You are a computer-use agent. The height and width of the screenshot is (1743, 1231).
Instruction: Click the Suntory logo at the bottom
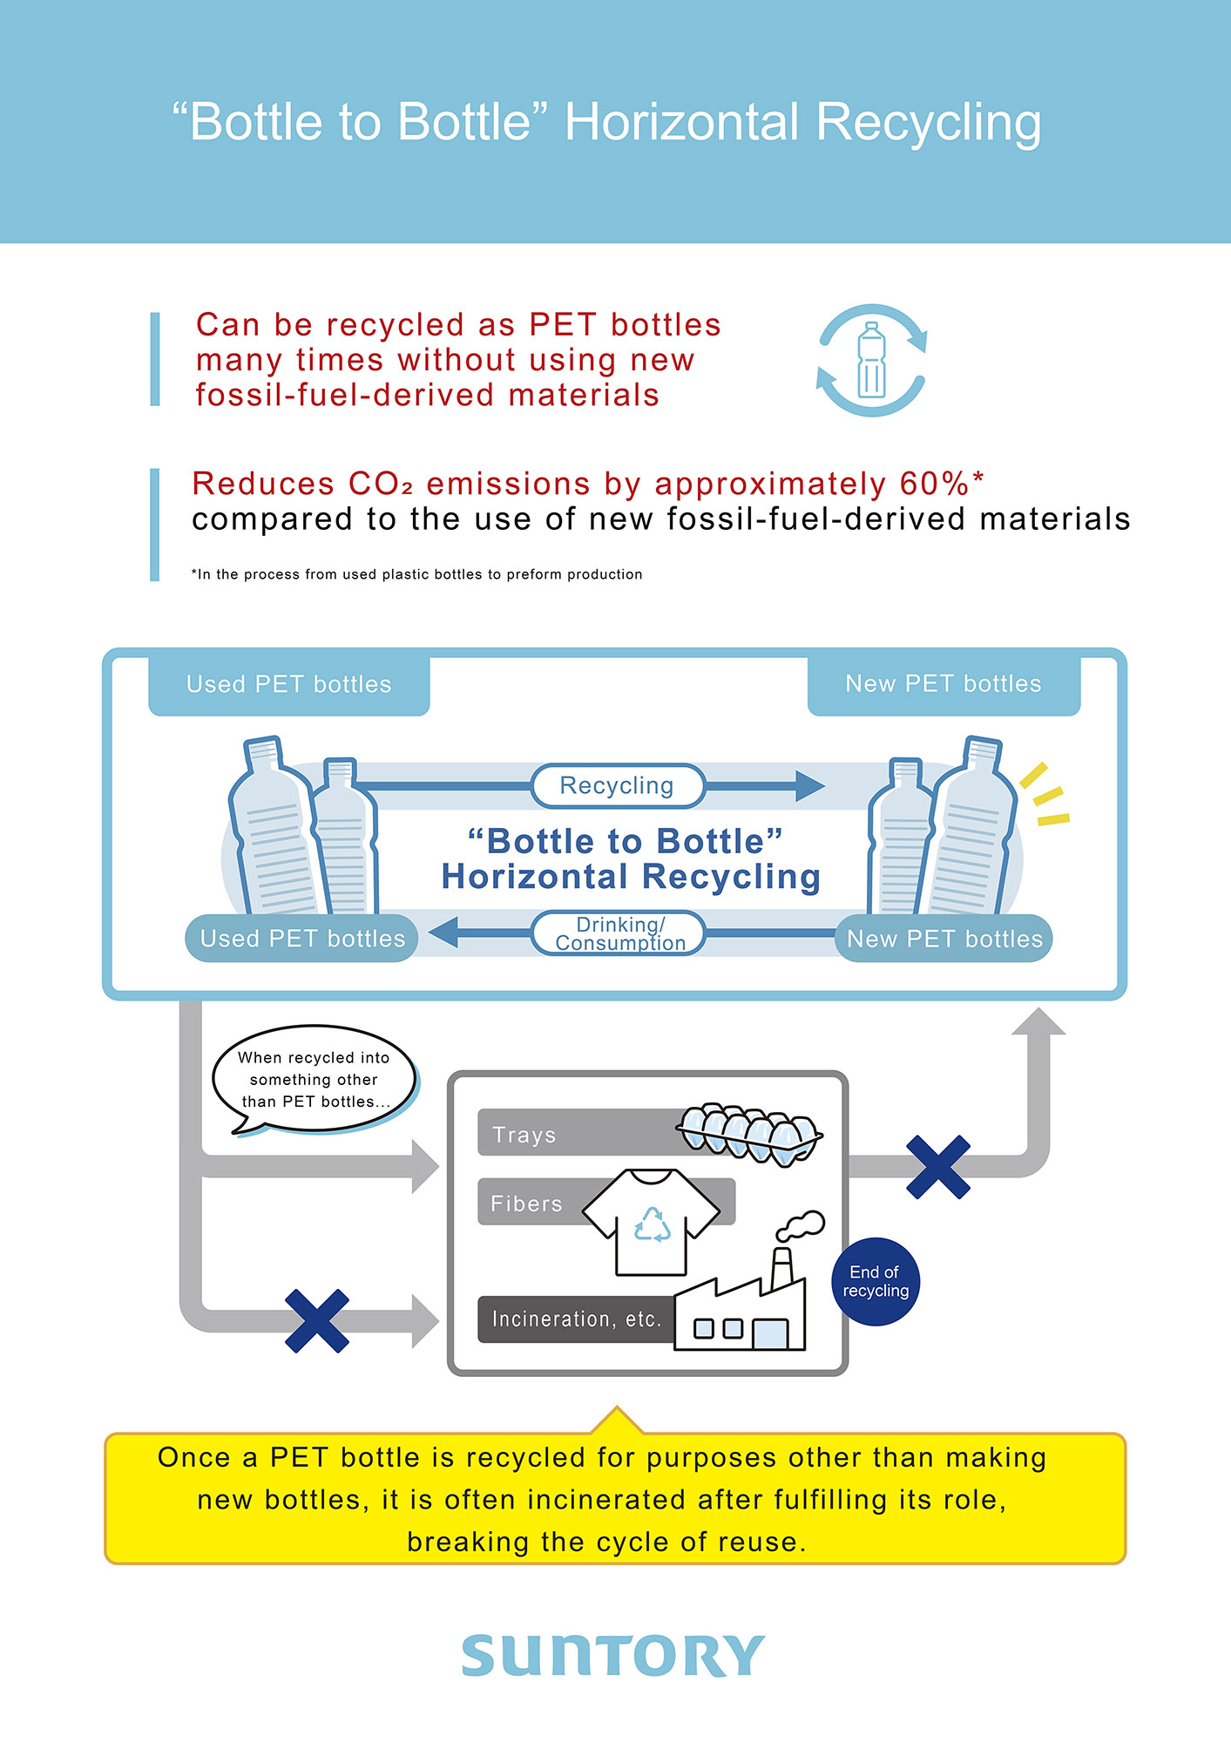[x=613, y=1656]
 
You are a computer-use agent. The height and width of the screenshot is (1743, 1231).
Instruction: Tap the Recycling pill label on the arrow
[x=617, y=786]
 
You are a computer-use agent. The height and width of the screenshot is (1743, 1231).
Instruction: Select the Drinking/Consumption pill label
[x=619, y=933]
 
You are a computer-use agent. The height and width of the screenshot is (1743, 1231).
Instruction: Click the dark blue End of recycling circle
[x=876, y=1282]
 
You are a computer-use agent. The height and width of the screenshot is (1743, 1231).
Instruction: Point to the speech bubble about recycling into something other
[x=314, y=1079]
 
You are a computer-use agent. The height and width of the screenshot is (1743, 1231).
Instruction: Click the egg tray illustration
[x=749, y=1134]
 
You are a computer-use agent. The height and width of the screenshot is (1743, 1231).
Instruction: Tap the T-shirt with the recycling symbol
[x=652, y=1221]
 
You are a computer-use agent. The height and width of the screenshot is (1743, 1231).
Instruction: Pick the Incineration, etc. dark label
[x=575, y=1319]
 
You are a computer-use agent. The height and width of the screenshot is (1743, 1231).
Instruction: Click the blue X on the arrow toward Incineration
[x=317, y=1320]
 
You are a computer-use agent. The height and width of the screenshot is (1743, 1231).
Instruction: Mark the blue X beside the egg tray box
[x=938, y=1167]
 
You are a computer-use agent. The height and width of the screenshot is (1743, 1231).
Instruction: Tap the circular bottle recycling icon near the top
[x=871, y=360]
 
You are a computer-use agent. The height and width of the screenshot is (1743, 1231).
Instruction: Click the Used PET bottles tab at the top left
[x=289, y=685]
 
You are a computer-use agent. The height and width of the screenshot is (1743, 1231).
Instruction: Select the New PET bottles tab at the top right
[x=944, y=684]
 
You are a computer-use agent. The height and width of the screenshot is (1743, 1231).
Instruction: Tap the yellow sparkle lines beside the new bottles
[x=1045, y=795]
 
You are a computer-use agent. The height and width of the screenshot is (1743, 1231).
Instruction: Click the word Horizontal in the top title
[x=682, y=122]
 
